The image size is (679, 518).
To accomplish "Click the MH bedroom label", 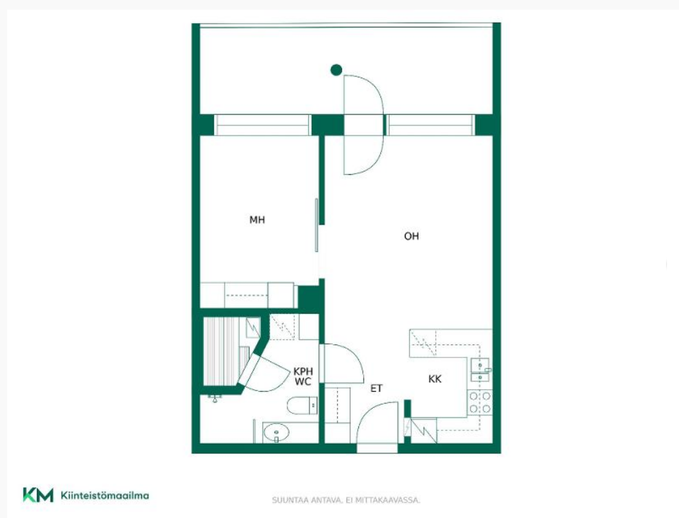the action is [257, 220].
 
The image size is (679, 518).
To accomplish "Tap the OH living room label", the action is [411, 236].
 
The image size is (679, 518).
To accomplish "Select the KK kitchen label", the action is [435, 379].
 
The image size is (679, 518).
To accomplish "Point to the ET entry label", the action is [376, 388].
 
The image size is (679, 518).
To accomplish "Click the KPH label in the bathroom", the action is [303, 372].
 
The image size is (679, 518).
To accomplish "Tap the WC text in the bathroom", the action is [303, 382].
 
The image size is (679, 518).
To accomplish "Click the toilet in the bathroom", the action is [303, 405].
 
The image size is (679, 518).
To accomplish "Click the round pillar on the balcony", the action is [336, 70].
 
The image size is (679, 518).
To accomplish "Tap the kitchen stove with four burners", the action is [480, 403].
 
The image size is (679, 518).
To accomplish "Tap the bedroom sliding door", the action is [317, 225].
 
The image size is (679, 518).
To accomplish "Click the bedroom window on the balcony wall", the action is [262, 125].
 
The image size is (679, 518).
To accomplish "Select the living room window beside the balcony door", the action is [431, 125].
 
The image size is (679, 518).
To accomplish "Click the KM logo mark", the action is [38, 495].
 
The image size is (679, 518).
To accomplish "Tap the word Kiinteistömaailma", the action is [105, 495].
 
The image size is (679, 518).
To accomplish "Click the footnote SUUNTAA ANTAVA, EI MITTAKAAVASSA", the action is [346, 501].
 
